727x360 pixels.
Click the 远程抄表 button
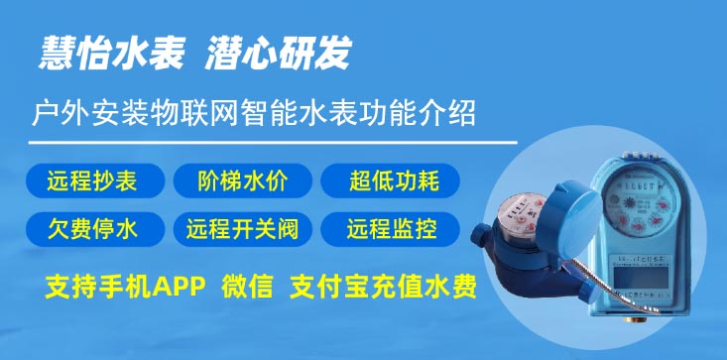(92, 181)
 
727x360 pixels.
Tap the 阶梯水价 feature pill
(243, 181)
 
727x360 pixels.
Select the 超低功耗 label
(392, 181)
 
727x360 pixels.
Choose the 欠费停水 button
(92, 230)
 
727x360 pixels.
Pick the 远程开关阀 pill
(243, 230)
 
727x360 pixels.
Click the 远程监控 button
(392, 230)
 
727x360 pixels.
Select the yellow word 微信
(245, 289)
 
